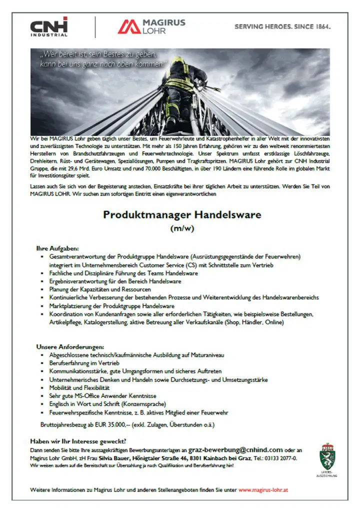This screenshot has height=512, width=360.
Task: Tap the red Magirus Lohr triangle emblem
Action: click(129, 26)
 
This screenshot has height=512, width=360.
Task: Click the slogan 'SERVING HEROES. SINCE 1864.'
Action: click(282, 26)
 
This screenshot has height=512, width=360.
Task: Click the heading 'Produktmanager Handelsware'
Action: click(182, 215)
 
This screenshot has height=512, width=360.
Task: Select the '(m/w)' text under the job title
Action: click(182, 229)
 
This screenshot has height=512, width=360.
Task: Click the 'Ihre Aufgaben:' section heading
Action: click(57, 248)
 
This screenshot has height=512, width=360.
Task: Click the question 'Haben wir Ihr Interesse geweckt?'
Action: click(78, 441)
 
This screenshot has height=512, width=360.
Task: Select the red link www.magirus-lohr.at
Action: click(263, 489)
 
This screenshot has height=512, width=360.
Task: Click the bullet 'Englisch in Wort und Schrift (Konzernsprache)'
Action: click(107, 403)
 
